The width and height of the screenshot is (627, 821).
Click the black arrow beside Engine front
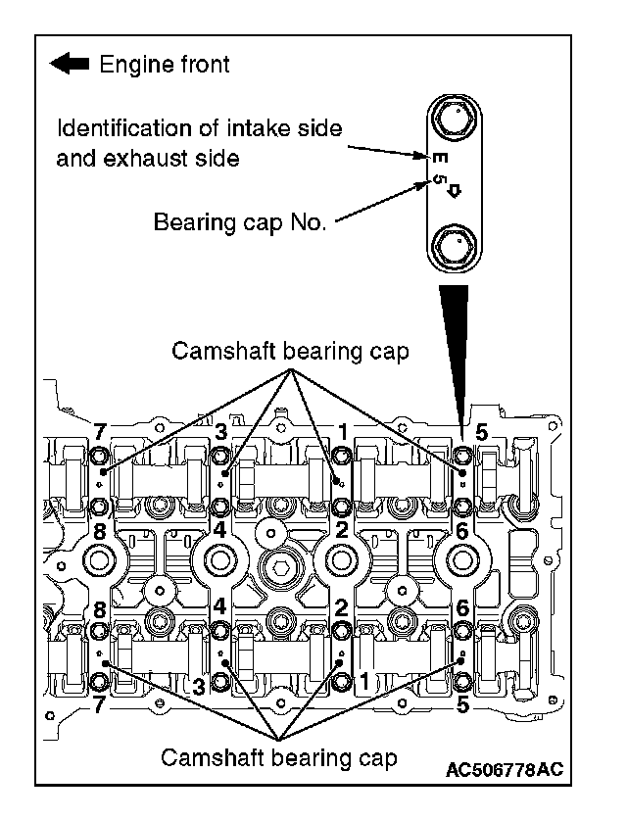[x=69, y=65]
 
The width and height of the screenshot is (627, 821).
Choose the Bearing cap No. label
[x=240, y=222]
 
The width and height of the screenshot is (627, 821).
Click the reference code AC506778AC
[x=504, y=769]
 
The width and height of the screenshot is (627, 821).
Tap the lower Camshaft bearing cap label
[x=278, y=756]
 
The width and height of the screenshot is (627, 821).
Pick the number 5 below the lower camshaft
[x=463, y=701]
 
